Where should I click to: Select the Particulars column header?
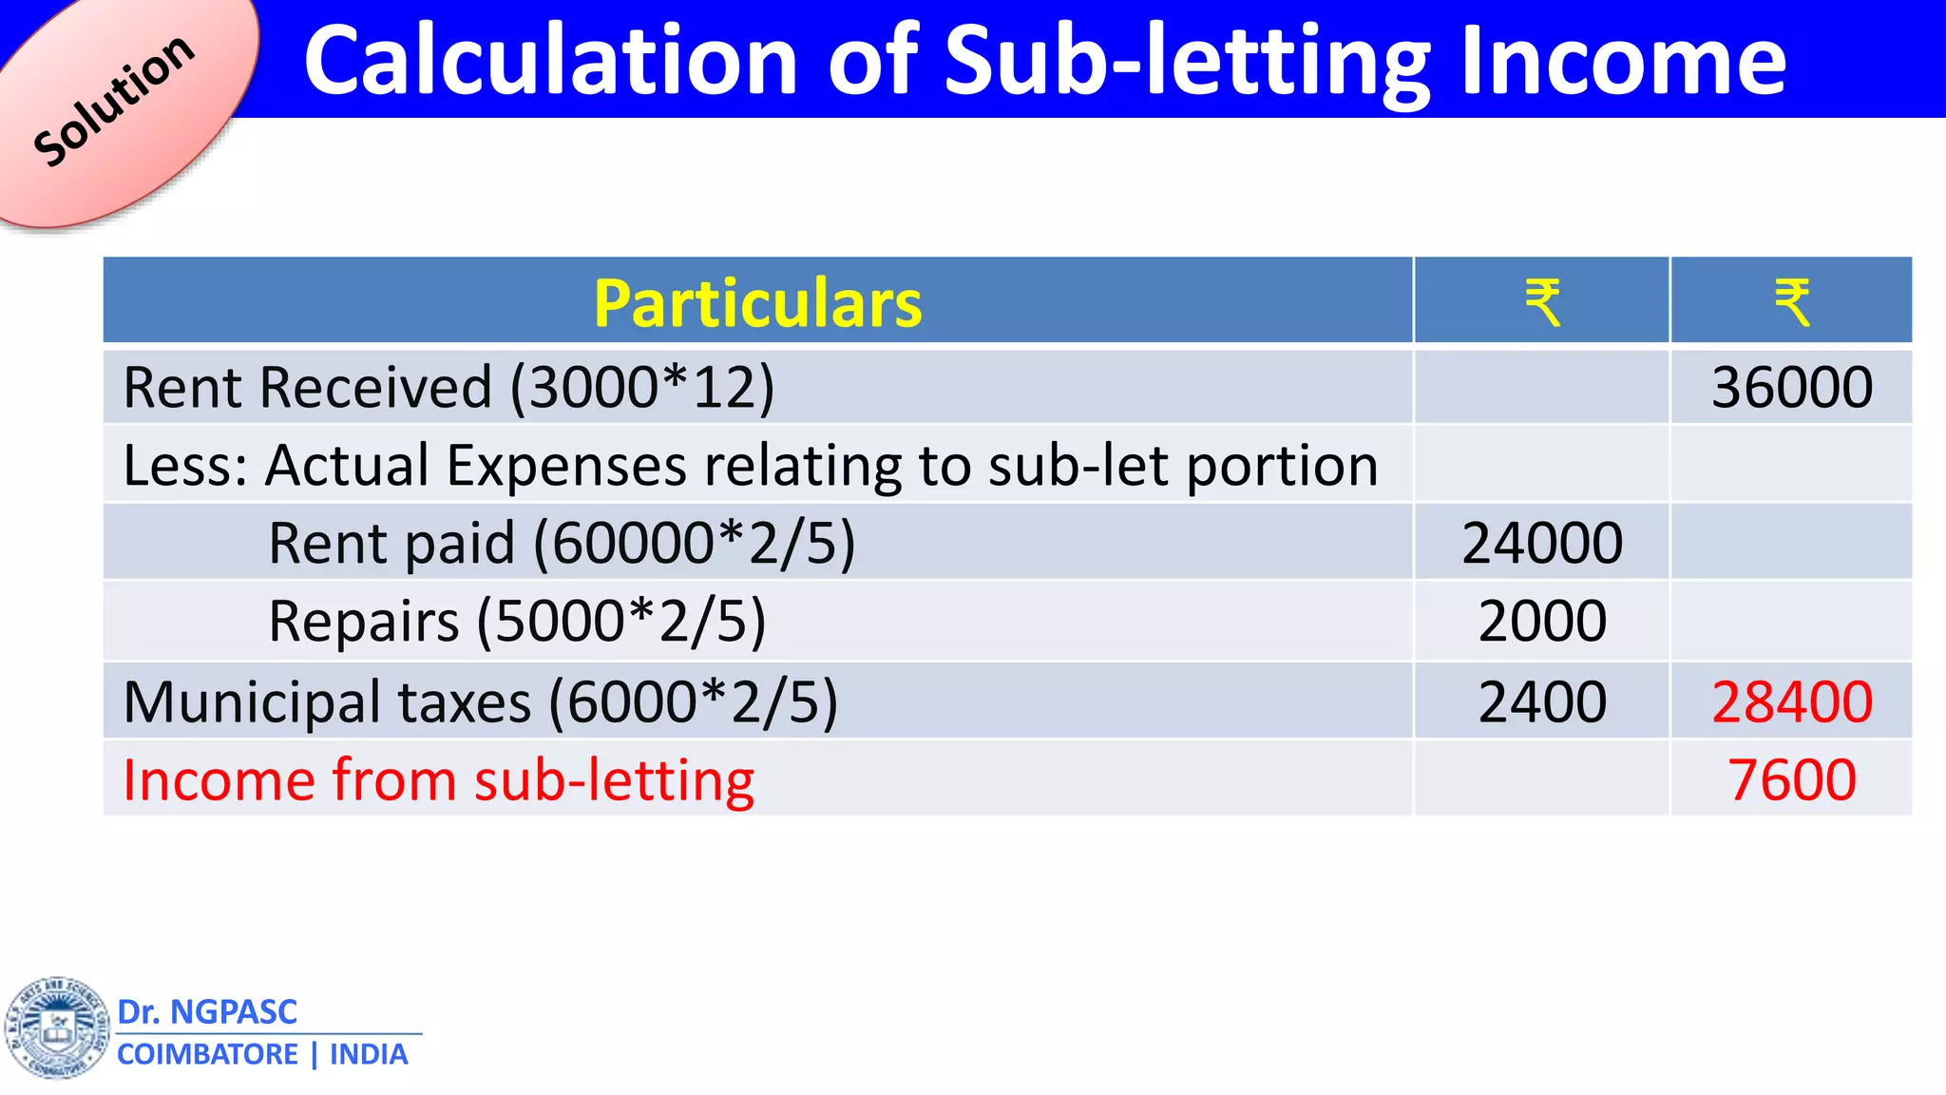(757, 303)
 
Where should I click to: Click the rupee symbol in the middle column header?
(1542, 303)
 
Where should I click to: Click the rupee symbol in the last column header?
(1792, 303)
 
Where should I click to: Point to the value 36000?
(1792, 388)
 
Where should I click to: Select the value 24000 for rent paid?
(1542, 543)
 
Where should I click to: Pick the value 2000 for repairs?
(1542, 622)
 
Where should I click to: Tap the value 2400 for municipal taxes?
(1542, 702)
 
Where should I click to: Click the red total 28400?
(1792, 702)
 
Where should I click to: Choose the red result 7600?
(1792, 780)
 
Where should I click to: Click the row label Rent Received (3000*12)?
(448, 388)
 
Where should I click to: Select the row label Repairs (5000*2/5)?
(517, 622)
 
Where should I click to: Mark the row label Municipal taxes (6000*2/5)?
(480, 702)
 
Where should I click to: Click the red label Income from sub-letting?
(438, 780)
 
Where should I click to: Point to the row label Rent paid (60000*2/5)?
(562, 543)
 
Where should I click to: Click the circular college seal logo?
(58, 1028)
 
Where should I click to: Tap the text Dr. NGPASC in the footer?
(207, 1012)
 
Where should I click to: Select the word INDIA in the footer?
(369, 1055)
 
